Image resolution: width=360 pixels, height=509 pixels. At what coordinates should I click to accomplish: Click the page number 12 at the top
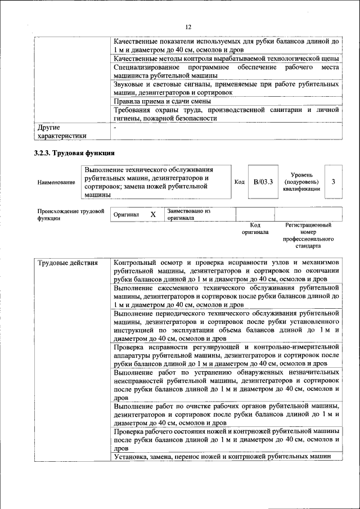(x=188, y=27)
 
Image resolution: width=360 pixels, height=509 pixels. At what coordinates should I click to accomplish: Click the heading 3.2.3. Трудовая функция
(x=75, y=153)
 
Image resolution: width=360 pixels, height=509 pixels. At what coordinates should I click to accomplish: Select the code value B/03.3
(x=263, y=182)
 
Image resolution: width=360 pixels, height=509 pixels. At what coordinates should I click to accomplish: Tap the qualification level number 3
(x=334, y=182)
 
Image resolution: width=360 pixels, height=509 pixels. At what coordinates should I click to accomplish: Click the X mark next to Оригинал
(x=153, y=215)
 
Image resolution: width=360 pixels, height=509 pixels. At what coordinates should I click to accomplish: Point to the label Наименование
(x=56, y=182)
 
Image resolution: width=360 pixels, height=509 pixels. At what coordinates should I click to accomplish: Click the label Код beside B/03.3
(x=239, y=182)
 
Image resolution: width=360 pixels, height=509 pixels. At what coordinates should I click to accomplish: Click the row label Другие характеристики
(x=62, y=131)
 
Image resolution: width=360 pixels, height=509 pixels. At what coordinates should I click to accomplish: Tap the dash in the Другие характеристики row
(x=115, y=128)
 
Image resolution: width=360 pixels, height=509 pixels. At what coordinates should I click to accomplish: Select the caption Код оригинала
(x=255, y=228)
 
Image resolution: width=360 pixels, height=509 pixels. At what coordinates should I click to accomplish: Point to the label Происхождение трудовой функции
(x=70, y=214)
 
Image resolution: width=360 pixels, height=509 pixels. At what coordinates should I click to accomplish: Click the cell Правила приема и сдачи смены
(x=163, y=101)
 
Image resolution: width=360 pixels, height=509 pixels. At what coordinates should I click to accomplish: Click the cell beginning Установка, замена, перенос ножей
(x=222, y=457)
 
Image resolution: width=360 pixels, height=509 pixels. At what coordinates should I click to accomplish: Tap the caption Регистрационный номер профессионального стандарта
(x=309, y=236)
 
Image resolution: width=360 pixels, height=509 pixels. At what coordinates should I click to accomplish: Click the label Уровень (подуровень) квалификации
(x=302, y=182)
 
